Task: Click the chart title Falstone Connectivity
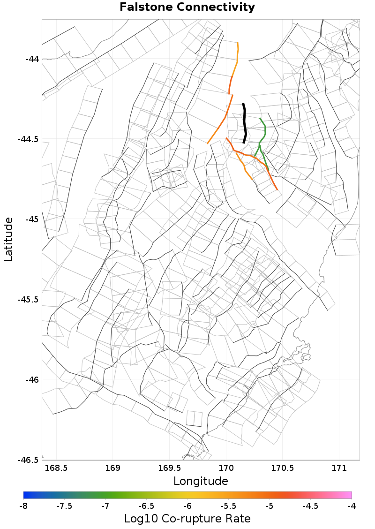187,8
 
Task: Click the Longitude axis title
201,481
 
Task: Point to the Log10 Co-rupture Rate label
187,519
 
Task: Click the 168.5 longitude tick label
56,468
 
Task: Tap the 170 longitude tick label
226,468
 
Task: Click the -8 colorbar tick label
23,506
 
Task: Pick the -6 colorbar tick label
187,506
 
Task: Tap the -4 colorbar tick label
352,506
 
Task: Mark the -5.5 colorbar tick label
228,506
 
